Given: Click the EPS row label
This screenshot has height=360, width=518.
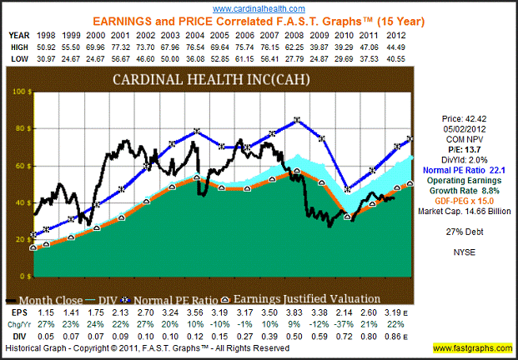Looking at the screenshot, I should click(x=14, y=311).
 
